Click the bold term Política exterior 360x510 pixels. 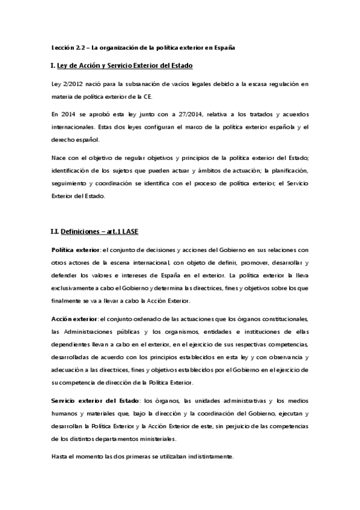[x=76, y=249]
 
